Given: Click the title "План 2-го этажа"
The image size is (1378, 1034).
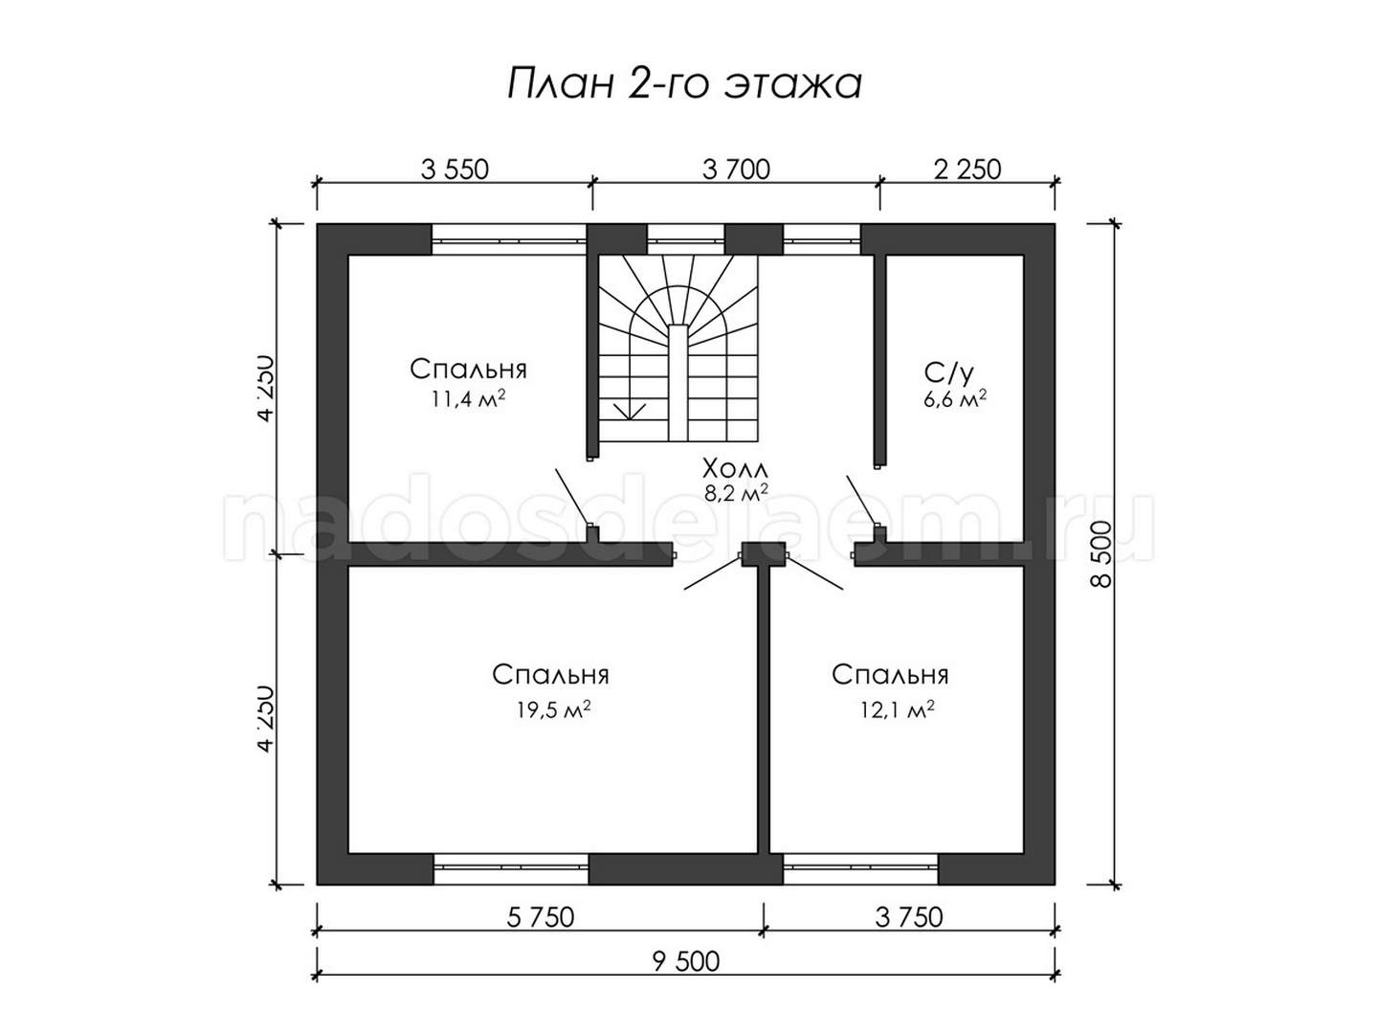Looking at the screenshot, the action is [683, 84].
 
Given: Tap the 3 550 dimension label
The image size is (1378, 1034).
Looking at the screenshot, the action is [454, 169].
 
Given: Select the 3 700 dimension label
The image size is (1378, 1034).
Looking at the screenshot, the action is [736, 169].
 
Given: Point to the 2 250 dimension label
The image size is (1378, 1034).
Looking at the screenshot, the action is [967, 169].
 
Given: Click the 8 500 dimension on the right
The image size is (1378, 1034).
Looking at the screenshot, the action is [1101, 553].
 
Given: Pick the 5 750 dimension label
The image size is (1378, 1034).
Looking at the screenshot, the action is [540, 917].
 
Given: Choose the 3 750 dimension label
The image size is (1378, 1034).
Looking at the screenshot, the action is [909, 917].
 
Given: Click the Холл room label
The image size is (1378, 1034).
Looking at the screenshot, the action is [735, 469].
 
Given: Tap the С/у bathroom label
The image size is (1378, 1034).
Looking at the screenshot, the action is [948, 373].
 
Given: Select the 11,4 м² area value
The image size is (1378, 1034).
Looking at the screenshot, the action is [468, 399].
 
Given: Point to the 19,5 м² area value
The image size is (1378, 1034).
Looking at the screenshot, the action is [553, 710].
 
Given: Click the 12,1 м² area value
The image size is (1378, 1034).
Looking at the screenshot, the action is [898, 710].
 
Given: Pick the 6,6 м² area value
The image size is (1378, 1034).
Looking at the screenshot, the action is [955, 399].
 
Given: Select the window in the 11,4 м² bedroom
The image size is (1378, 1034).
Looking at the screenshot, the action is [508, 239].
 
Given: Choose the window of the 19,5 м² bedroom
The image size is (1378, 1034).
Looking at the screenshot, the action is [510, 868].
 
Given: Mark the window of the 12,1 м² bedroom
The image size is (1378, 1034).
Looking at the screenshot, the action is [860, 868].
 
